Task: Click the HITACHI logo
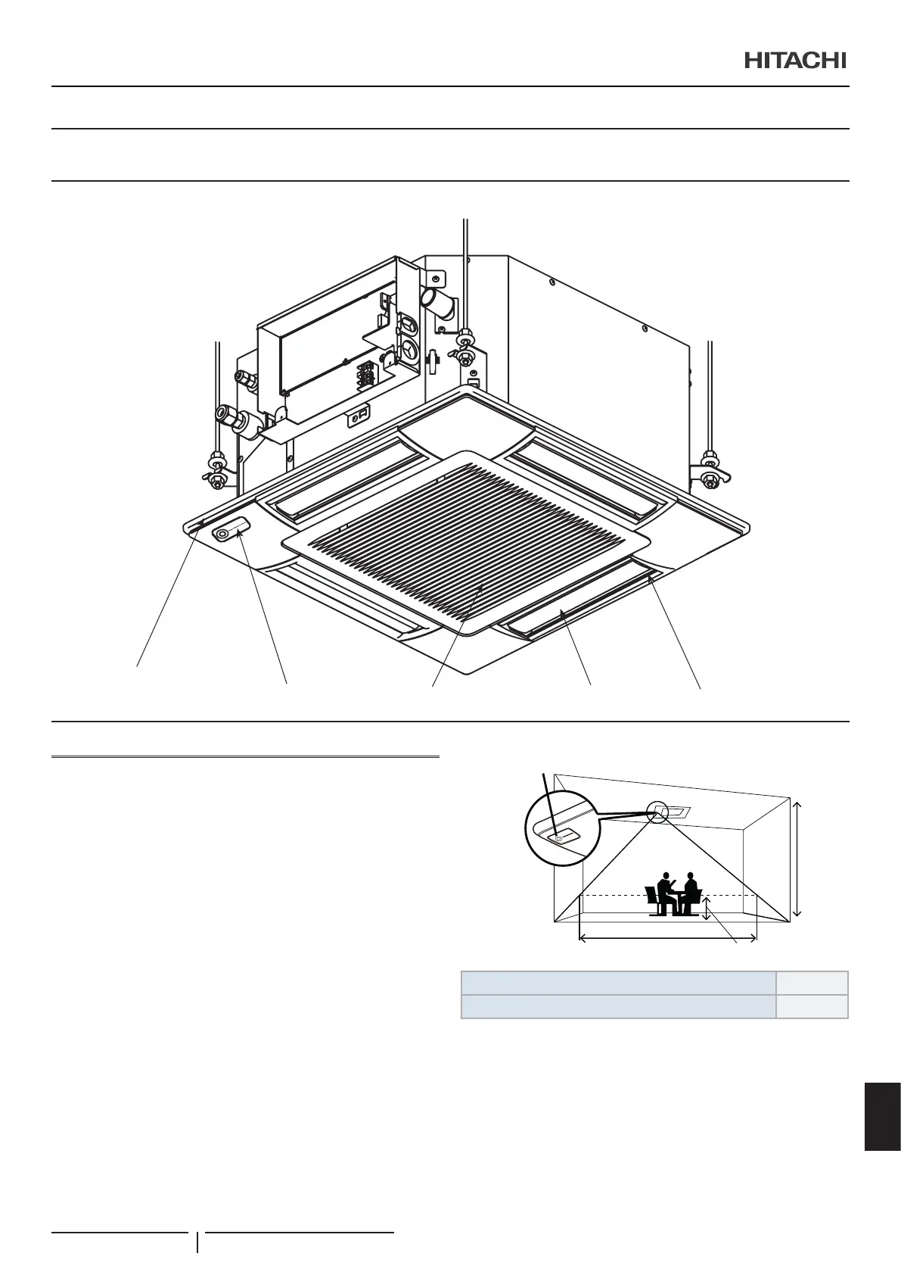click(794, 61)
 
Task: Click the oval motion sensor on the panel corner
click(231, 531)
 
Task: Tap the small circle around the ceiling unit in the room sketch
click(657, 811)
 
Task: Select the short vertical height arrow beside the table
click(707, 908)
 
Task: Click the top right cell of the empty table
click(812, 983)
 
